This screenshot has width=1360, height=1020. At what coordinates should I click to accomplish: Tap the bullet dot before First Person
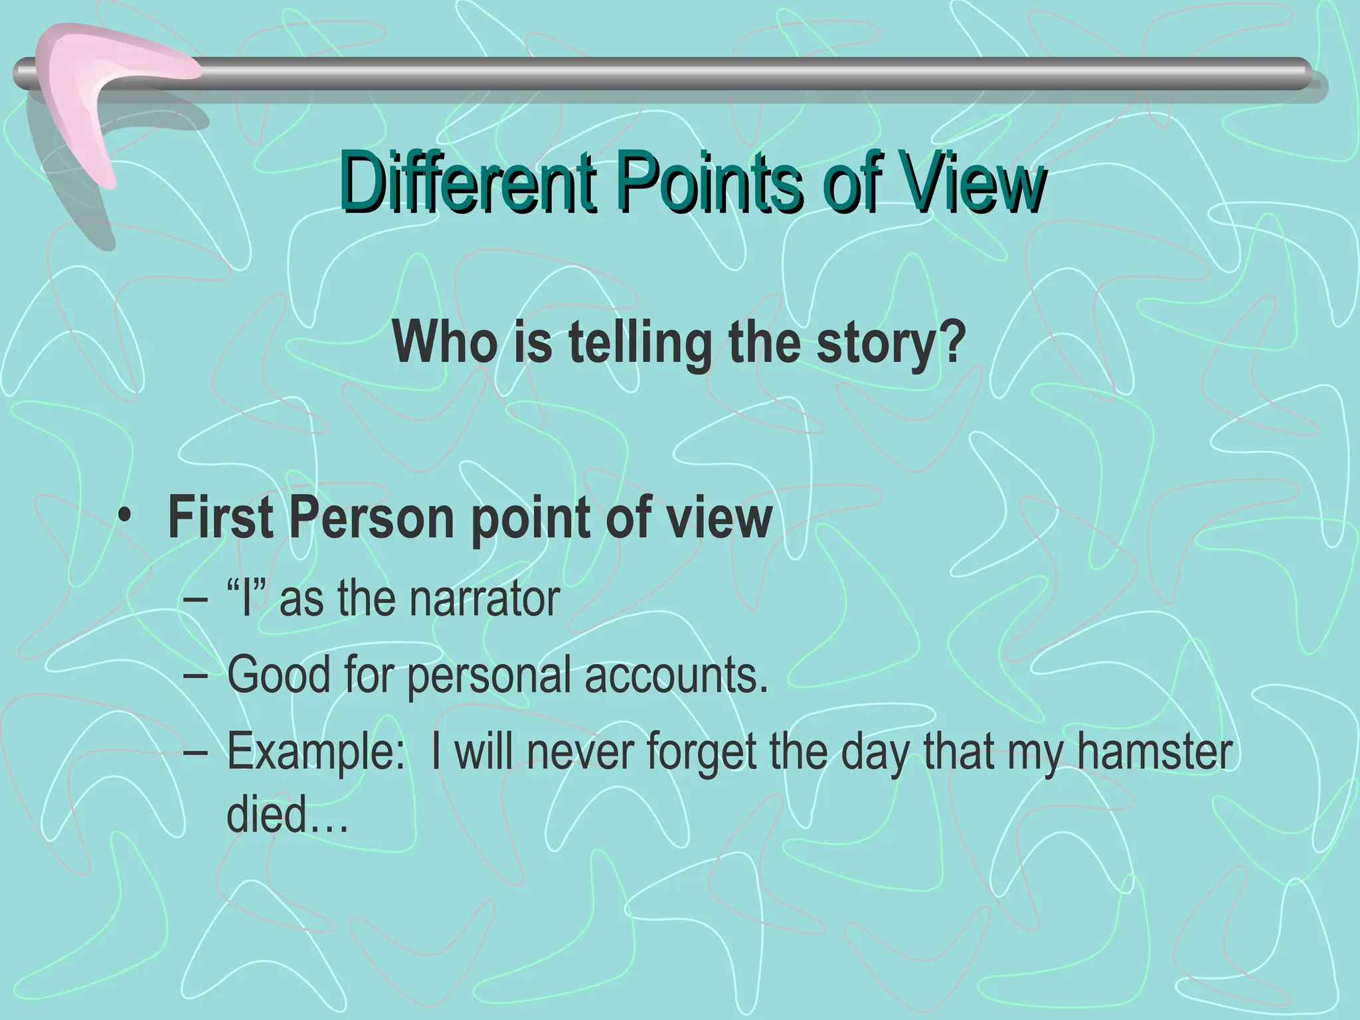click(125, 517)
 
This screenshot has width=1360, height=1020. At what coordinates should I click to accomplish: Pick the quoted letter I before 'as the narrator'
click(246, 598)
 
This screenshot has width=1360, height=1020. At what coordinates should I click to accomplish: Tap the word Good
click(278, 675)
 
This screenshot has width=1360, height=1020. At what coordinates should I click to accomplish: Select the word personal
click(489, 676)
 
